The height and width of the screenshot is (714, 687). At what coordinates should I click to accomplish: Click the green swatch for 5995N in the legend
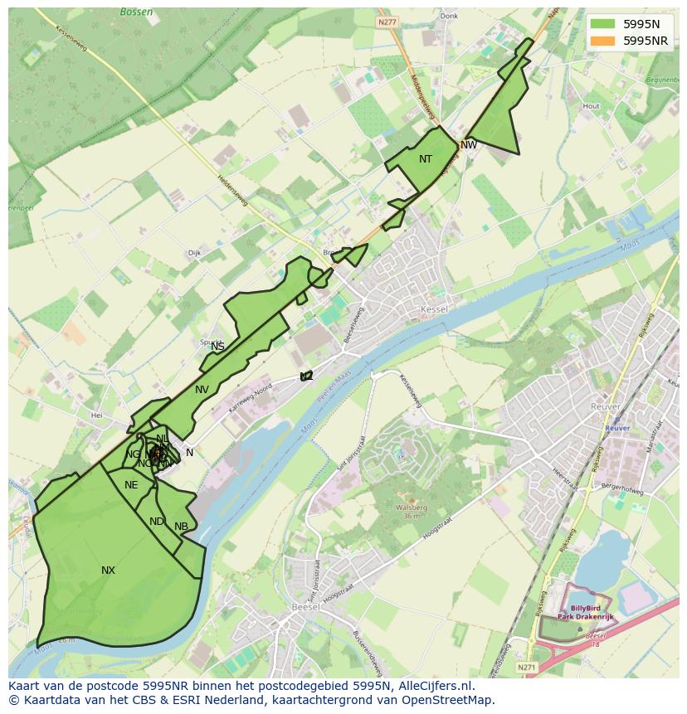click(x=602, y=24)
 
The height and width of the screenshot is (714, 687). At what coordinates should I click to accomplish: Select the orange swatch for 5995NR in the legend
click(x=602, y=41)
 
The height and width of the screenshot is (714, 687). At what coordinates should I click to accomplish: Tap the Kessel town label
click(x=434, y=309)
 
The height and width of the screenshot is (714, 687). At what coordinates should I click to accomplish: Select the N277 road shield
click(x=386, y=22)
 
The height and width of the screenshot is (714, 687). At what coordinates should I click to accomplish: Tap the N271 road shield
click(x=526, y=666)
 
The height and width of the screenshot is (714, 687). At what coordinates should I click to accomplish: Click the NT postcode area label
click(x=426, y=159)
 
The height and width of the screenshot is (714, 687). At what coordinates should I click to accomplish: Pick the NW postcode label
click(x=469, y=145)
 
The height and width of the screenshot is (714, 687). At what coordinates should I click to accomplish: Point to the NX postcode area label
click(x=108, y=571)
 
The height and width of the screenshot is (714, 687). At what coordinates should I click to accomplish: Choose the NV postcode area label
click(x=202, y=390)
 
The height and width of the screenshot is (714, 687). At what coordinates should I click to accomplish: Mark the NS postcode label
click(x=217, y=347)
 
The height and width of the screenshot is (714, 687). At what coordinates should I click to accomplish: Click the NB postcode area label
click(x=181, y=527)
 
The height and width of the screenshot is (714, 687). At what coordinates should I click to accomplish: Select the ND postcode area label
click(x=157, y=522)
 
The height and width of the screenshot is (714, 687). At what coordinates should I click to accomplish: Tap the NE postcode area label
click(x=131, y=485)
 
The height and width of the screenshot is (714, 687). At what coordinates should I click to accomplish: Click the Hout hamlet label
click(x=591, y=106)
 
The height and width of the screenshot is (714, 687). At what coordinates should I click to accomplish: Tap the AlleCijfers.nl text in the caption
click(x=431, y=686)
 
